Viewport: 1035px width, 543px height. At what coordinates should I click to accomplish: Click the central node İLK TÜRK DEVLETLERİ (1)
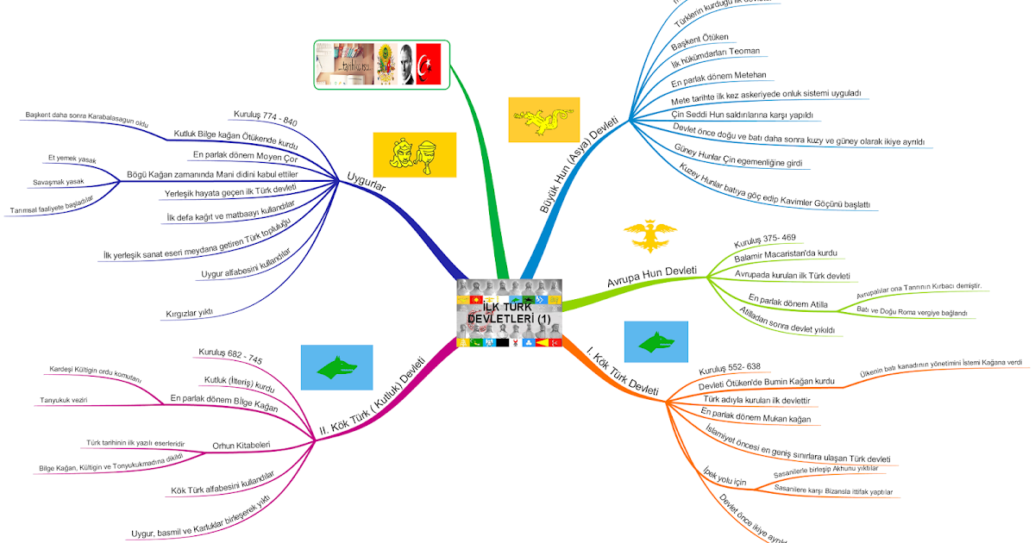click(x=510, y=312)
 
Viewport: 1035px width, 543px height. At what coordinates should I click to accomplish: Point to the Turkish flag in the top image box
click(x=429, y=63)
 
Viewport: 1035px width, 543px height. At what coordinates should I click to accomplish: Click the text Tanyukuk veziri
click(x=63, y=400)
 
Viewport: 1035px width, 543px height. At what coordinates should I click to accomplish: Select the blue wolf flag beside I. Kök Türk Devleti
click(x=655, y=343)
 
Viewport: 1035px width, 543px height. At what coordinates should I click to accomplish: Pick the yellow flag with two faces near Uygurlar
click(x=414, y=154)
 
